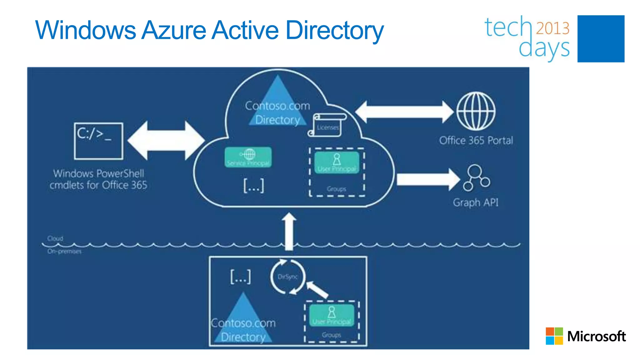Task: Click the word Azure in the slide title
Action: pos(174,30)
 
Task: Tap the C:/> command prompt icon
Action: pos(98,141)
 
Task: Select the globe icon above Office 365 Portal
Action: pos(476,111)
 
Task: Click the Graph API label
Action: pos(475,202)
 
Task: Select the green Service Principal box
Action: pos(248,157)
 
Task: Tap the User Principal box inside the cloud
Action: pos(337,162)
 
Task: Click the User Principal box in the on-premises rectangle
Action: pos(332,315)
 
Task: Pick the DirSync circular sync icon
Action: pos(287,277)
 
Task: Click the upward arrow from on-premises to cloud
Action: pos(289,231)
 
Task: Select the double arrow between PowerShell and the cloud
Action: pos(166,141)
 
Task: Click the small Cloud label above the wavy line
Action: pos(55,238)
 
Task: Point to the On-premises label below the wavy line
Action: pos(64,251)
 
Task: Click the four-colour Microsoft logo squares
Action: pos(554,336)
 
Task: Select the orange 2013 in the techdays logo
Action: pos(552,28)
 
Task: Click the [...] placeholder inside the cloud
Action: pos(253,186)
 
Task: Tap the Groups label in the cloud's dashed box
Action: pos(336,189)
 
